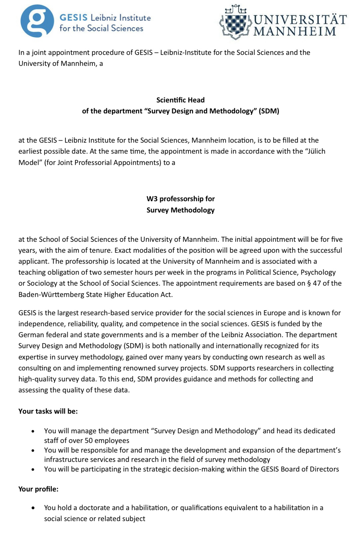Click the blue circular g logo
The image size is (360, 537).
click(37, 21)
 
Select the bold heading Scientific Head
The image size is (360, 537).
click(180, 100)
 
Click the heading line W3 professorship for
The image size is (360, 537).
click(180, 199)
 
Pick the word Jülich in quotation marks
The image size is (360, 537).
click(314, 151)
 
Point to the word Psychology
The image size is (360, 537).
click(318, 272)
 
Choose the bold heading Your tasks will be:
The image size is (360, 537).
click(48, 411)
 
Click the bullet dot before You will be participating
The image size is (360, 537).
click(33, 470)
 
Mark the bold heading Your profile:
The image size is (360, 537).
click(38, 489)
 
